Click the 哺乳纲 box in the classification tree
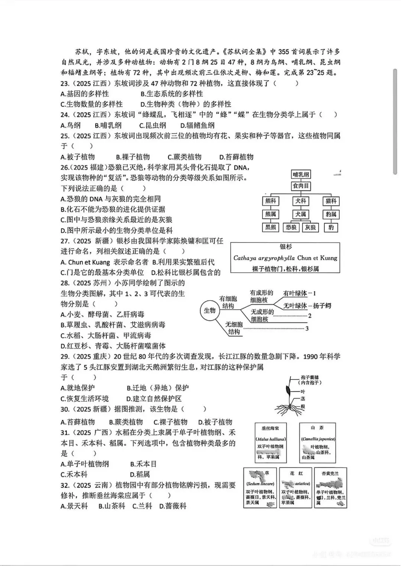click(x=301, y=175)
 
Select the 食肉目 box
click(x=301, y=186)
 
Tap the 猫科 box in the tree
click(x=330, y=201)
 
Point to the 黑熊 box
click(x=271, y=227)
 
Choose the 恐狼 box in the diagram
click(x=291, y=227)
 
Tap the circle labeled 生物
click(x=210, y=310)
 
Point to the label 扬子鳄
click(x=322, y=306)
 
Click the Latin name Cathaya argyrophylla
click(x=264, y=258)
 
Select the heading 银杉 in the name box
click(x=286, y=247)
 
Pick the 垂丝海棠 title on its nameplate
click(x=270, y=428)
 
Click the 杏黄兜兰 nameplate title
click(x=330, y=473)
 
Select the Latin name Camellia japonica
click(x=318, y=439)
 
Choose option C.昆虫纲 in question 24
click(x=153, y=126)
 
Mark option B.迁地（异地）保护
click(x=157, y=388)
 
